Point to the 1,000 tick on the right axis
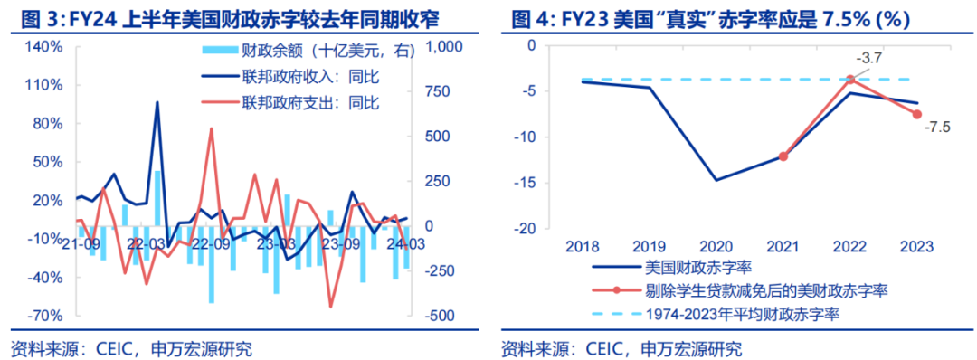click(x=443, y=46)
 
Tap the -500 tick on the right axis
click(x=439, y=316)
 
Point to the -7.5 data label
click(x=935, y=128)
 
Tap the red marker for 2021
click(x=783, y=156)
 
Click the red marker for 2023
click(x=916, y=114)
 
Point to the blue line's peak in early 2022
click(x=157, y=102)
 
